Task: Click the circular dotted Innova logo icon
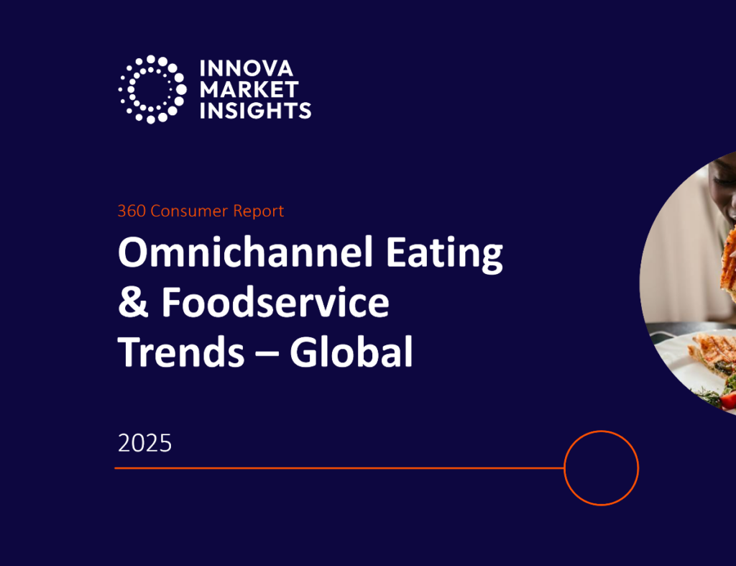pyautogui.click(x=152, y=89)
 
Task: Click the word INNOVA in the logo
pyautogui.click(x=247, y=69)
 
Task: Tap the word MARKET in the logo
pyautogui.click(x=249, y=90)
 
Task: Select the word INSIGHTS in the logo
pyautogui.click(x=255, y=111)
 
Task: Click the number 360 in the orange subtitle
pyautogui.click(x=131, y=211)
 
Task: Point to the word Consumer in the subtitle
pyautogui.click(x=189, y=211)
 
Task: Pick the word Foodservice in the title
pyautogui.click(x=275, y=303)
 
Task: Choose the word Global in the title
pyautogui.click(x=351, y=352)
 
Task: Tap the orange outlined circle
pyautogui.click(x=601, y=467)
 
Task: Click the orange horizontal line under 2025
pyautogui.click(x=338, y=468)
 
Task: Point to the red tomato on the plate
pyautogui.click(x=729, y=400)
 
